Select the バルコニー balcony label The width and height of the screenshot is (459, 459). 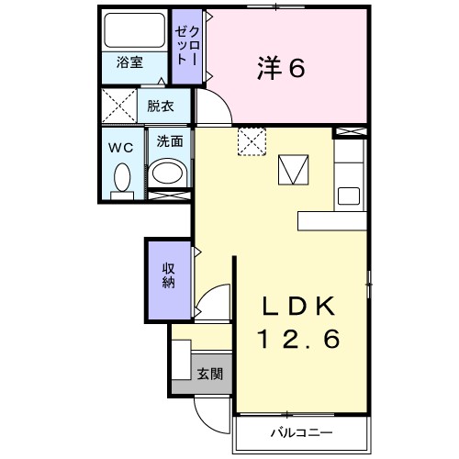coord(300,431)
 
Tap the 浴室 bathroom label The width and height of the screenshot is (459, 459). coord(129,64)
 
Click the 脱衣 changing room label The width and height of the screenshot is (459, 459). coord(161,105)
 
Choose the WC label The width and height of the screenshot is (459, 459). coord(120,145)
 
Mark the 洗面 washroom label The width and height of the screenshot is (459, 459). coord(168,142)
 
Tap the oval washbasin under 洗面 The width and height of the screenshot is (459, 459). coord(168,173)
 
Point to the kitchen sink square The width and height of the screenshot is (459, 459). coord(349,196)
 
